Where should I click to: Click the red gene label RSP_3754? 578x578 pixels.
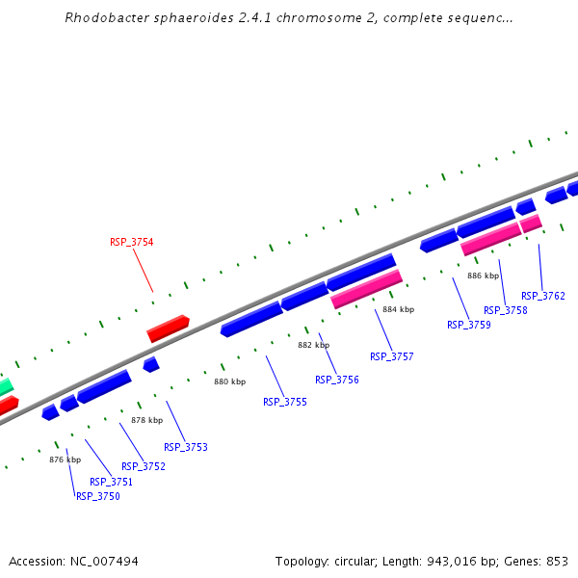point(131,242)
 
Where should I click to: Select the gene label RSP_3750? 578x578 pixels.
point(98,496)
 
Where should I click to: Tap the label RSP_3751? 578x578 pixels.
point(111,482)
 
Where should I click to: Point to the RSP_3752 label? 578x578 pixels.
point(144,466)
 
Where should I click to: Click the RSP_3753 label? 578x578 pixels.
point(186,447)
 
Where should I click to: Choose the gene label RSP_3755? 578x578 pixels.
point(285,402)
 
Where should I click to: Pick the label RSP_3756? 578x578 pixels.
point(337,380)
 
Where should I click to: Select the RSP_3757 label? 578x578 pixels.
point(392,356)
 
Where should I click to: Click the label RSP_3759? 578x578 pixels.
point(469,325)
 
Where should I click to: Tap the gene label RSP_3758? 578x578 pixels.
point(506,310)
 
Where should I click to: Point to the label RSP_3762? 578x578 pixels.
point(543,296)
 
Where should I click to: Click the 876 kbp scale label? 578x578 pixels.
point(65,460)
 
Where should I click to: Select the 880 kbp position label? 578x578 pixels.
point(229,381)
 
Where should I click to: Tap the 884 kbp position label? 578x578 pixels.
point(398,309)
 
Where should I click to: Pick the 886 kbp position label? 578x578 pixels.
point(484,276)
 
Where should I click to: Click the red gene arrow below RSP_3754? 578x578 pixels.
point(168,328)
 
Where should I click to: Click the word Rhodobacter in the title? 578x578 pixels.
point(102,18)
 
